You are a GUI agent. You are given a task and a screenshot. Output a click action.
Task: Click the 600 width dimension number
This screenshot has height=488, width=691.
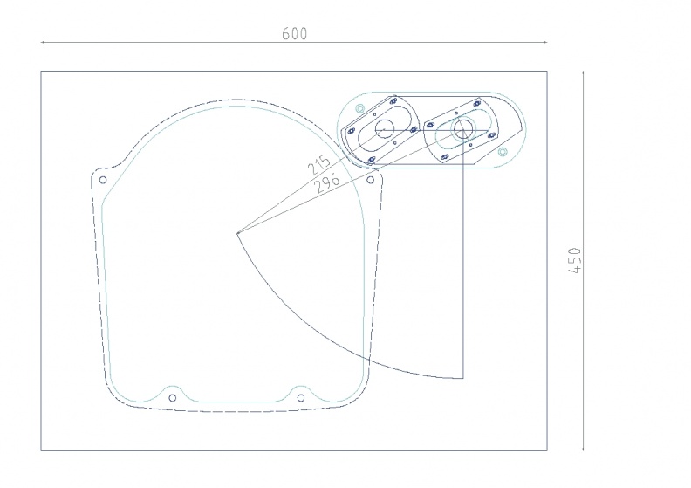(x=294, y=33)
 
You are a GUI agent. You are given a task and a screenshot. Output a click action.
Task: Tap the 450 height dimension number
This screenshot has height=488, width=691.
(x=576, y=260)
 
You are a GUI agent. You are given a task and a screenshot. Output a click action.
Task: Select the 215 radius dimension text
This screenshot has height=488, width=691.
(x=318, y=165)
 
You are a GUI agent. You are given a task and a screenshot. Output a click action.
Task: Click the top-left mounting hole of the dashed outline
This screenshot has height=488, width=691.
(x=103, y=180)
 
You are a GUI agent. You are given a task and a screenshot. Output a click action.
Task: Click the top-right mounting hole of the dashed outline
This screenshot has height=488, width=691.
(x=370, y=180)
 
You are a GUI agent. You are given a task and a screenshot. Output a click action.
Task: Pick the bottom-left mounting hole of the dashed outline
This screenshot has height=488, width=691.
(x=172, y=398)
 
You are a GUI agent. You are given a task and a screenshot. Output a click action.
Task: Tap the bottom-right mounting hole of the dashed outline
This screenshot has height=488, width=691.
(x=300, y=398)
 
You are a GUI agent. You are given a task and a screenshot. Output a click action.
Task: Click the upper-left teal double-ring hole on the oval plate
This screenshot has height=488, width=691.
(x=360, y=108)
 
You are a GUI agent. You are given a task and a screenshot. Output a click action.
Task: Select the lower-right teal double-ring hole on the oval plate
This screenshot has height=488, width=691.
(x=503, y=152)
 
